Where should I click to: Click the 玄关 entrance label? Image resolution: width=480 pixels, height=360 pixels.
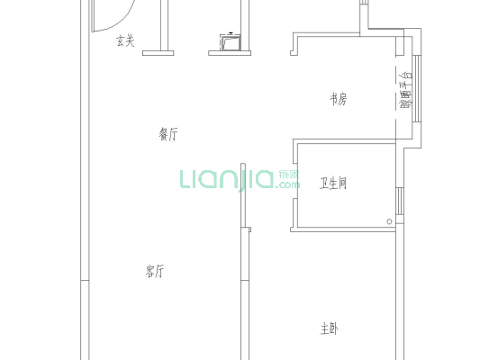[125, 40]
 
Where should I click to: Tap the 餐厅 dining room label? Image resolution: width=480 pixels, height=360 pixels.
[168, 134]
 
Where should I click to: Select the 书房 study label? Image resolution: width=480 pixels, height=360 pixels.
[338, 100]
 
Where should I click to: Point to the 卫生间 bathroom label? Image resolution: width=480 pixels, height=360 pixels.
[334, 184]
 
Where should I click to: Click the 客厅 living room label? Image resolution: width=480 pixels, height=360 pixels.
[154, 270]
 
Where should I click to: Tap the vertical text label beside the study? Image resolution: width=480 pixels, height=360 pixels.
[405, 91]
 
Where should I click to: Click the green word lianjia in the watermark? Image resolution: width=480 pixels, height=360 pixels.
[226, 179]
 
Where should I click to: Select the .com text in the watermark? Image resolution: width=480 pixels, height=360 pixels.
[290, 185]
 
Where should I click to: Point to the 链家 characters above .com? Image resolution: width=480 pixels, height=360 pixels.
[290, 174]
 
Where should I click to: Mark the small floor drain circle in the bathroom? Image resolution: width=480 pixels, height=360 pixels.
[390, 220]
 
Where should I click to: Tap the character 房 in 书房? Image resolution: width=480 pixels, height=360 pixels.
[343, 100]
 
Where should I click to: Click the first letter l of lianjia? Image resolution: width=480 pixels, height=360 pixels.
[183, 179]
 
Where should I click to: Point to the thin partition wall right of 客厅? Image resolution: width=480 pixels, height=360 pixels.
[241, 270]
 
